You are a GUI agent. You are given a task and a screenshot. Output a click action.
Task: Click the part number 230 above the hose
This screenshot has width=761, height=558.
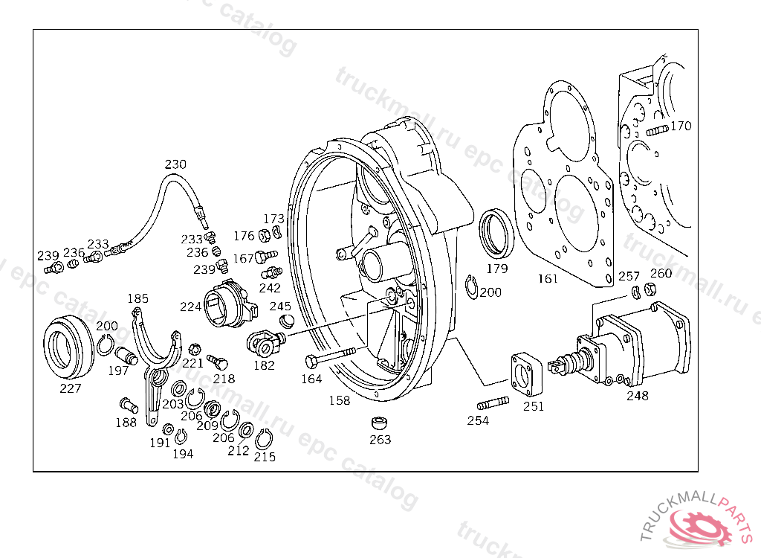click(175, 164)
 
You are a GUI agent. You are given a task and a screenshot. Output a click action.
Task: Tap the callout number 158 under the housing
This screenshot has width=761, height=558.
click(339, 400)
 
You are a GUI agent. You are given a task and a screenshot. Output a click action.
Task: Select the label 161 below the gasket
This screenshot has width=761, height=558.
click(548, 279)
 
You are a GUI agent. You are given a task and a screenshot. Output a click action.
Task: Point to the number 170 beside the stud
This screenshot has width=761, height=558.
click(680, 126)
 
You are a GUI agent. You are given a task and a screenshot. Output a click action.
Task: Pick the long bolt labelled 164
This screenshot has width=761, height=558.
click(330, 359)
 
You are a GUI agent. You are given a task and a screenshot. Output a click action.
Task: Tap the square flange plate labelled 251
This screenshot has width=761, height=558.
click(528, 376)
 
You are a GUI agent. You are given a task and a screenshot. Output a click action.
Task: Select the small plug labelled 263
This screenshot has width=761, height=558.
click(380, 423)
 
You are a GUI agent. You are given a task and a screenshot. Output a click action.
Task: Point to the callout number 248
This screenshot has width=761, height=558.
click(637, 396)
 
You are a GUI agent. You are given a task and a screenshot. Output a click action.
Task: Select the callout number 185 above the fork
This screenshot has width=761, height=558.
click(137, 298)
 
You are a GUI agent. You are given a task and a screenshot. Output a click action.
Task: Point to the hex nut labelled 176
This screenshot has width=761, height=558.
click(264, 237)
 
